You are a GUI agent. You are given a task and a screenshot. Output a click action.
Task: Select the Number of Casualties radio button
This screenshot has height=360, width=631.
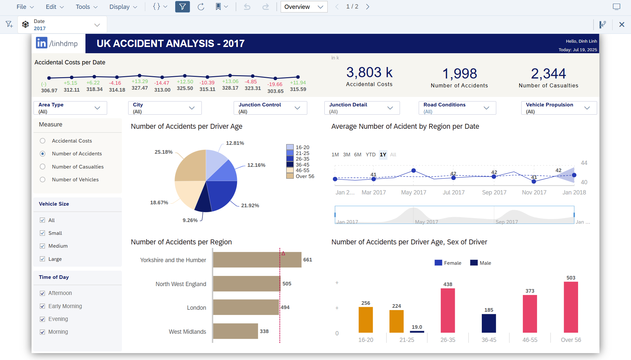[43, 167]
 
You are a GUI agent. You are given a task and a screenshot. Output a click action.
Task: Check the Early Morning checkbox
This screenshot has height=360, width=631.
[42, 306]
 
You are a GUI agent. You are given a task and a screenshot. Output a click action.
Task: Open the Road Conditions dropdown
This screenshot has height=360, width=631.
[457, 108]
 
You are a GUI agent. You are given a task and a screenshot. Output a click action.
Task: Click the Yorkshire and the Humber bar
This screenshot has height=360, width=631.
[257, 260]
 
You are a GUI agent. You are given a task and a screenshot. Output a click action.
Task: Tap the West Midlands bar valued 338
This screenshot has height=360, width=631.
[235, 331]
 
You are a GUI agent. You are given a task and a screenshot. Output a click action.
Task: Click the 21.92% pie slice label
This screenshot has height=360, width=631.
[250, 206]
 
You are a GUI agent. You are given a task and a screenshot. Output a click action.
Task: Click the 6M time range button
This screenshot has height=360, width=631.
[358, 155]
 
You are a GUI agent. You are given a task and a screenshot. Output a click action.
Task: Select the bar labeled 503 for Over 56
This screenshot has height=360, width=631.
[571, 307]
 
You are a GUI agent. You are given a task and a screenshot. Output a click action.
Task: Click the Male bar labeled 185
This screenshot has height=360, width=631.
[489, 323]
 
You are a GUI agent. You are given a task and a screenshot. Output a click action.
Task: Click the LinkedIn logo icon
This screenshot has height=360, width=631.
[42, 43]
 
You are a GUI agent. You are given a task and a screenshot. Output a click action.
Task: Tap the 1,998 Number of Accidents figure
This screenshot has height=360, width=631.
[459, 74]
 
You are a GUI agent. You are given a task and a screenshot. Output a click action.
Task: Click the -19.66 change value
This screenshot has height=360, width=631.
[275, 84]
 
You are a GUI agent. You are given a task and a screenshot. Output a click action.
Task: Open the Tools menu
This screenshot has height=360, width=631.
[86, 7]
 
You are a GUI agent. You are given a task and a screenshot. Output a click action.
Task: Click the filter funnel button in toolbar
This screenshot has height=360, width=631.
[182, 7]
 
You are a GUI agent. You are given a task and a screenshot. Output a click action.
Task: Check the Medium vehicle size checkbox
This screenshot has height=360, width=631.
[42, 246]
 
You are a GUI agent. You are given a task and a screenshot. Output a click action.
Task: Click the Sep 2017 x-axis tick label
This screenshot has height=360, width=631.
[494, 192]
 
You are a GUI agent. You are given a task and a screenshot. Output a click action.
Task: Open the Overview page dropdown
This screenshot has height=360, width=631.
[304, 7]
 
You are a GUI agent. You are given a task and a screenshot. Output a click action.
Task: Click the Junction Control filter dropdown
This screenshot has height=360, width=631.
[270, 108]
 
